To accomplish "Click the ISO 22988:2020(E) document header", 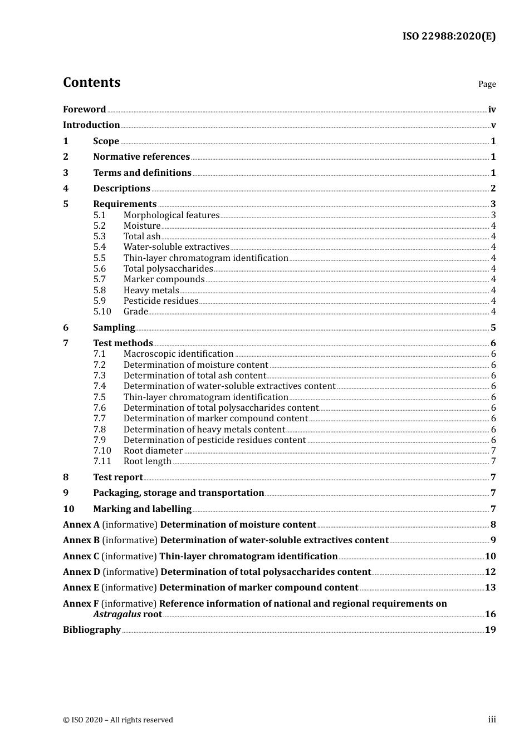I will pyautogui.click(x=449, y=37).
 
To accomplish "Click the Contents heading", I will pyautogui.click(x=91, y=82).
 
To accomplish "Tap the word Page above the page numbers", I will pyautogui.click(x=487, y=84).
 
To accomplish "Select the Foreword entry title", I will pyautogui.click(x=84, y=110).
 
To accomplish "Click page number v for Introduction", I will pyautogui.click(x=493, y=125).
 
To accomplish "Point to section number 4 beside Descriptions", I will pyautogui.click(x=66, y=189).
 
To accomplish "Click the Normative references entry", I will pyautogui.click(x=141, y=157).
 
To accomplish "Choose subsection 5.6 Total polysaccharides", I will pyautogui.click(x=168, y=269).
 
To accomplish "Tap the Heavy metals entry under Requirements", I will pyautogui.click(x=151, y=291).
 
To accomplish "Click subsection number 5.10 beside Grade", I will pyautogui.click(x=102, y=312).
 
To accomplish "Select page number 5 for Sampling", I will pyautogui.click(x=493, y=328).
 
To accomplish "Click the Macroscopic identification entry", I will pyautogui.click(x=178, y=354).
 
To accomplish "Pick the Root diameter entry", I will pyautogui.click(x=153, y=451).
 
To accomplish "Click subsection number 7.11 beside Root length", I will pyautogui.click(x=102, y=461).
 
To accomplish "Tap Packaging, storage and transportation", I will pyautogui.click(x=178, y=493).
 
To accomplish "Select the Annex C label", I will pyautogui.click(x=81, y=557).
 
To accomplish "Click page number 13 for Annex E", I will pyautogui.click(x=490, y=588).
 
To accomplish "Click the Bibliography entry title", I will pyautogui.click(x=92, y=630).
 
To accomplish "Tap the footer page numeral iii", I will pyautogui.click(x=492, y=720).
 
